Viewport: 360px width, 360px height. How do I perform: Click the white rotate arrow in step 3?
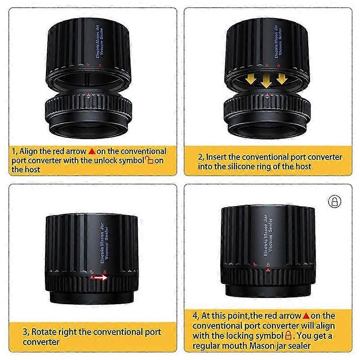click(x=101, y=278)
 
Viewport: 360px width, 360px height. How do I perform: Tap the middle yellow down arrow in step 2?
click(x=266, y=81)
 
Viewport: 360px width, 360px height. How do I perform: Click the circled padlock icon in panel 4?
click(x=335, y=202)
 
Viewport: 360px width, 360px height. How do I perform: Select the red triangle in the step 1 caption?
click(x=92, y=151)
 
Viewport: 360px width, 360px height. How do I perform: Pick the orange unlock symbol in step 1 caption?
click(x=149, y=160)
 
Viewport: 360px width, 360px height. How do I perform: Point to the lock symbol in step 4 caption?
click(x=288, y=335)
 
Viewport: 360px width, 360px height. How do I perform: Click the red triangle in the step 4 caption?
click(x=306, y=316)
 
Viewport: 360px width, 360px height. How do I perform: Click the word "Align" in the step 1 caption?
click(x=28, y=151)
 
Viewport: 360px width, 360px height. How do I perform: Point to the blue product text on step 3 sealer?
click(x=104, y=243)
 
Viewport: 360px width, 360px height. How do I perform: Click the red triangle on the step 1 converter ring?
click(x=89, y=94)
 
